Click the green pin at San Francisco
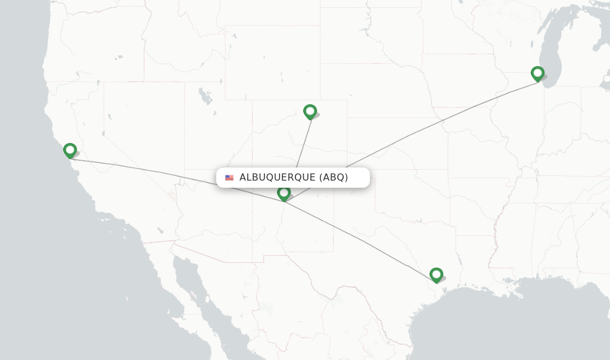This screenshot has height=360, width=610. (70, 150)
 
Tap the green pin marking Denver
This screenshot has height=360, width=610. (310, 111)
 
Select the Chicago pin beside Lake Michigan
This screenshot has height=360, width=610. (537, 73)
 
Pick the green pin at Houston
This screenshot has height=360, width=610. (436, 274)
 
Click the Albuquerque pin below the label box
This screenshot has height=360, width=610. (284, 193)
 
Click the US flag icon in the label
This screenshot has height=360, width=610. (229, 178)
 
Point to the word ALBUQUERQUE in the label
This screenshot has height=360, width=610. (277, 178)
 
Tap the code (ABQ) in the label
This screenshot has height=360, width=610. (334, 178)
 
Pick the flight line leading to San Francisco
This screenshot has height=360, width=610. (149, 170)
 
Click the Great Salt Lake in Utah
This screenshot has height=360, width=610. (206, 95)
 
